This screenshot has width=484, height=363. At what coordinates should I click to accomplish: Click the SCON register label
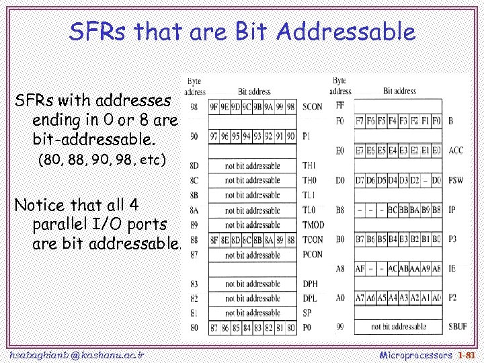(313, 107)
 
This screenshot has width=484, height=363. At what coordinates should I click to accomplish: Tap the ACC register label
(456, 151)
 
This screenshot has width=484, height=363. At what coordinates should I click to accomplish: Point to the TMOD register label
(313, 225)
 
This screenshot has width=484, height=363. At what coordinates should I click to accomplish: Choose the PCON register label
(313, 255)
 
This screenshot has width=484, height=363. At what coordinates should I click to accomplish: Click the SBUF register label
(458, 327)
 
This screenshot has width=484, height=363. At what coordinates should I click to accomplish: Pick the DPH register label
(310, 284)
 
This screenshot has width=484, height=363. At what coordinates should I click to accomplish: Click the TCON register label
(313, 240)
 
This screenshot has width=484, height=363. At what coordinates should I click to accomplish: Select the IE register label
(452, 269)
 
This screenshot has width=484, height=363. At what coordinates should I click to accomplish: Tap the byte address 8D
(194, 165)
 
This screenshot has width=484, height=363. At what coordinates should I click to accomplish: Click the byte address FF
(339, 106)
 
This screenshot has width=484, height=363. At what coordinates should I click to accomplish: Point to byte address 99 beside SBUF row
(340, 327)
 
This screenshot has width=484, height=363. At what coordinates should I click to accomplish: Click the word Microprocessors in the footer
(415, 354)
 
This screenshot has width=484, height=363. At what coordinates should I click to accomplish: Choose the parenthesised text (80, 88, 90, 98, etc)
(102, 161)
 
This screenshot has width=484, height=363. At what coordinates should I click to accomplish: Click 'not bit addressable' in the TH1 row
(252, 165)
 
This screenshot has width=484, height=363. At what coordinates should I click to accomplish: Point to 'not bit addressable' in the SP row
(252, 313)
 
